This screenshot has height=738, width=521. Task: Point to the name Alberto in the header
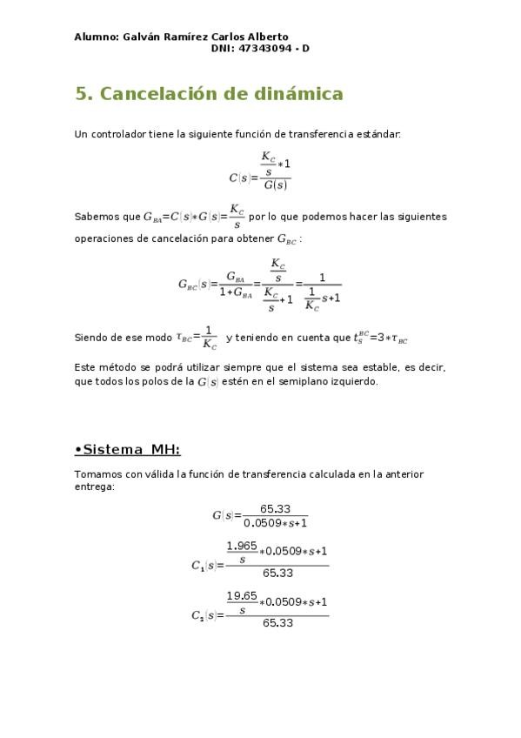click(266, 37)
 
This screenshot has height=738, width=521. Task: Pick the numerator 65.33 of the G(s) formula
click(275, 509)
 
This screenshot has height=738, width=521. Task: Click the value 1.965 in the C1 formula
click(242, 546)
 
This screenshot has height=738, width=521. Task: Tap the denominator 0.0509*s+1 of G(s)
click(276, 523)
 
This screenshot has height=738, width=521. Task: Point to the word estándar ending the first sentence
click(378, 134)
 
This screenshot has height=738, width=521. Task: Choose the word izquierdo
click(353, 381)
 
